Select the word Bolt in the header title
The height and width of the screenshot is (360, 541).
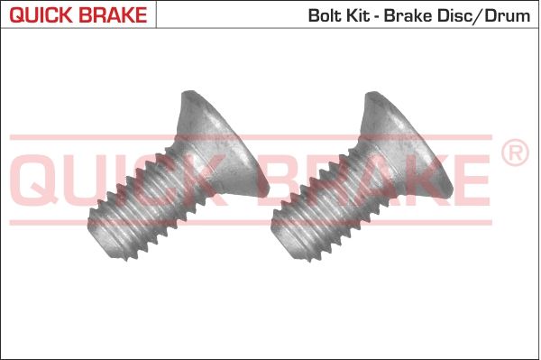pos(324,14)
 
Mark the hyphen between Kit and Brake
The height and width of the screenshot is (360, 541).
pos(377,15)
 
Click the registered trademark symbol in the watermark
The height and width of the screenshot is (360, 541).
pos(514,153)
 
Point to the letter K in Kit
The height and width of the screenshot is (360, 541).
pos(347,14)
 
